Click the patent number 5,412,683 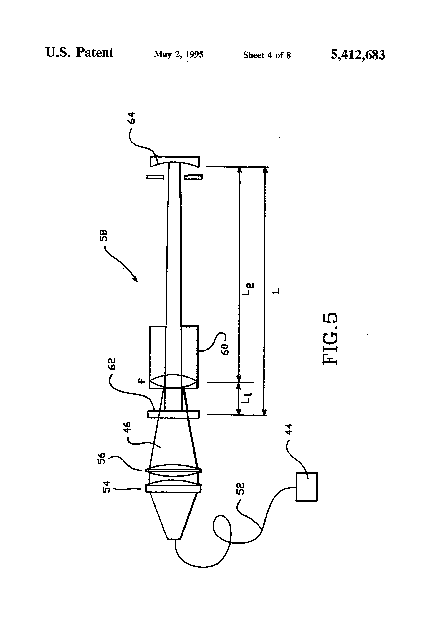click(358, 55)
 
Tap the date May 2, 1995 click(178, 54)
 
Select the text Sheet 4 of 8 click(267, 55)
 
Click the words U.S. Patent click(79, 52)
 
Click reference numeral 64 click(132, 118)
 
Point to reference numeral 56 click(102, 459)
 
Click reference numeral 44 click(290, 429)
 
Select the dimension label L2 click(250, 289)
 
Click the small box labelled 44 click(306, 487)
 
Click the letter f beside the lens click(141, 381)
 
